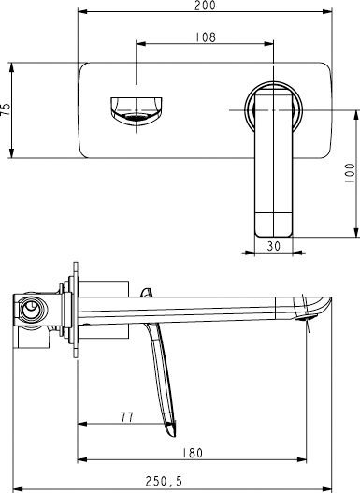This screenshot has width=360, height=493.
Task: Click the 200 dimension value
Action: point(205,5)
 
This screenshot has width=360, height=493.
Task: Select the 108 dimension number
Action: point(206,37)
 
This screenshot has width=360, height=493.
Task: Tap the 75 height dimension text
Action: point(6,109)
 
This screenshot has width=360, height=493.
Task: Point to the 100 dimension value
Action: point(350,173)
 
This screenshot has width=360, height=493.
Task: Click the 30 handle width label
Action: point(274,246)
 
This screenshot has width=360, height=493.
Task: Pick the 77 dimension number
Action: point(127,417)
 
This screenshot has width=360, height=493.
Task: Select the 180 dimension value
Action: point(193,453)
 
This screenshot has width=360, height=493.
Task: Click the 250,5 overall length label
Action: point(164,481)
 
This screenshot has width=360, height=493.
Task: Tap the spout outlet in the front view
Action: point(136,111)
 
